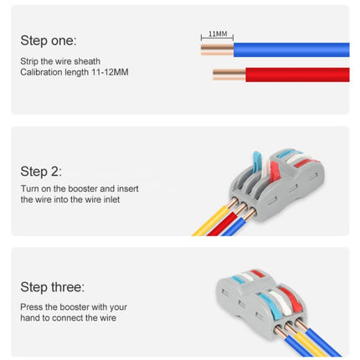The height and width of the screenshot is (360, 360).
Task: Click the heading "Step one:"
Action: (x=48, y=40)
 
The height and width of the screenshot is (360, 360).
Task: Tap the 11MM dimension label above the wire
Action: (x=217, y=34)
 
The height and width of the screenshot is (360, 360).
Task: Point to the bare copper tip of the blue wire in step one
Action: (x=217, y=49)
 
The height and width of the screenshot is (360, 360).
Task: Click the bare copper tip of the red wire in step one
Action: (x=228, y=75)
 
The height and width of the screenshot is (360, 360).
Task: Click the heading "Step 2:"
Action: (x=41, y=171)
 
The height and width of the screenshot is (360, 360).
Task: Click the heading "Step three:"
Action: (x=51, y=286)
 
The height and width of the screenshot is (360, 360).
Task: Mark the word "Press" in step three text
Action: (x=31, y=306)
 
